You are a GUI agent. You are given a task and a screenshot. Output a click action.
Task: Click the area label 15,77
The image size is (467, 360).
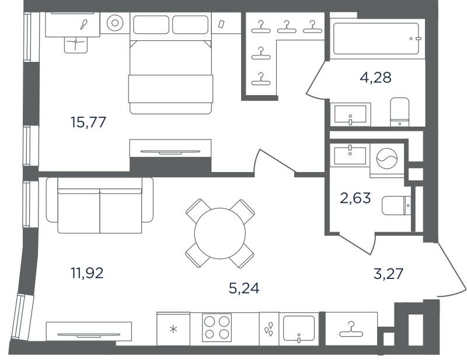point(88,122)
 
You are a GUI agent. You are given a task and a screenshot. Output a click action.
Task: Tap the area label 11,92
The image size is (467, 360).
point(87,272)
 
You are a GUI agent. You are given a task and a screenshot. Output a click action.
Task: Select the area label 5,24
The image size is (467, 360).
point(244,288)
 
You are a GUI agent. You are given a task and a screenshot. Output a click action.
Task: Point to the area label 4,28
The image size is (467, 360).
point(375,78)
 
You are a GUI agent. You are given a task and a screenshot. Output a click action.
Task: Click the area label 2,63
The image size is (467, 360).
point(356,198)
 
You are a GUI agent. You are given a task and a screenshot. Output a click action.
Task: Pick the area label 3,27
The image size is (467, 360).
point(388,274)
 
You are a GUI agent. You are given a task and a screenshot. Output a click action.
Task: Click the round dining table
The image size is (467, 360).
point(220,233)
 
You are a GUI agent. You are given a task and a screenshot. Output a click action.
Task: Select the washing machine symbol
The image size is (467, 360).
point(387,159)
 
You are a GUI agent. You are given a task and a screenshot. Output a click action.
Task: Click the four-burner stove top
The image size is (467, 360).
point(217,327)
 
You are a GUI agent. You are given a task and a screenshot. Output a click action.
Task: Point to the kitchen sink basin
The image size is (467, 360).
point(299,328)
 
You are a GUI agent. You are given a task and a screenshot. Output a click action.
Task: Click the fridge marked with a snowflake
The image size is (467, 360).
point(173,328)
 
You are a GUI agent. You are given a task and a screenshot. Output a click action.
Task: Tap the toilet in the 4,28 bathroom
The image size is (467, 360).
point(399,111)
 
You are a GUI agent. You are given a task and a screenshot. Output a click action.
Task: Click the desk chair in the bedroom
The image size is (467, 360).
point(76,45)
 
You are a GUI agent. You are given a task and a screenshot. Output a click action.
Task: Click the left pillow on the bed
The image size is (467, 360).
point(151,25)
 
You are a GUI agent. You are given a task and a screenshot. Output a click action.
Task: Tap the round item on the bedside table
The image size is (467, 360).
point(114,23)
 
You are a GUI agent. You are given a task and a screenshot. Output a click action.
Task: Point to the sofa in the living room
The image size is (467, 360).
point(99,205)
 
